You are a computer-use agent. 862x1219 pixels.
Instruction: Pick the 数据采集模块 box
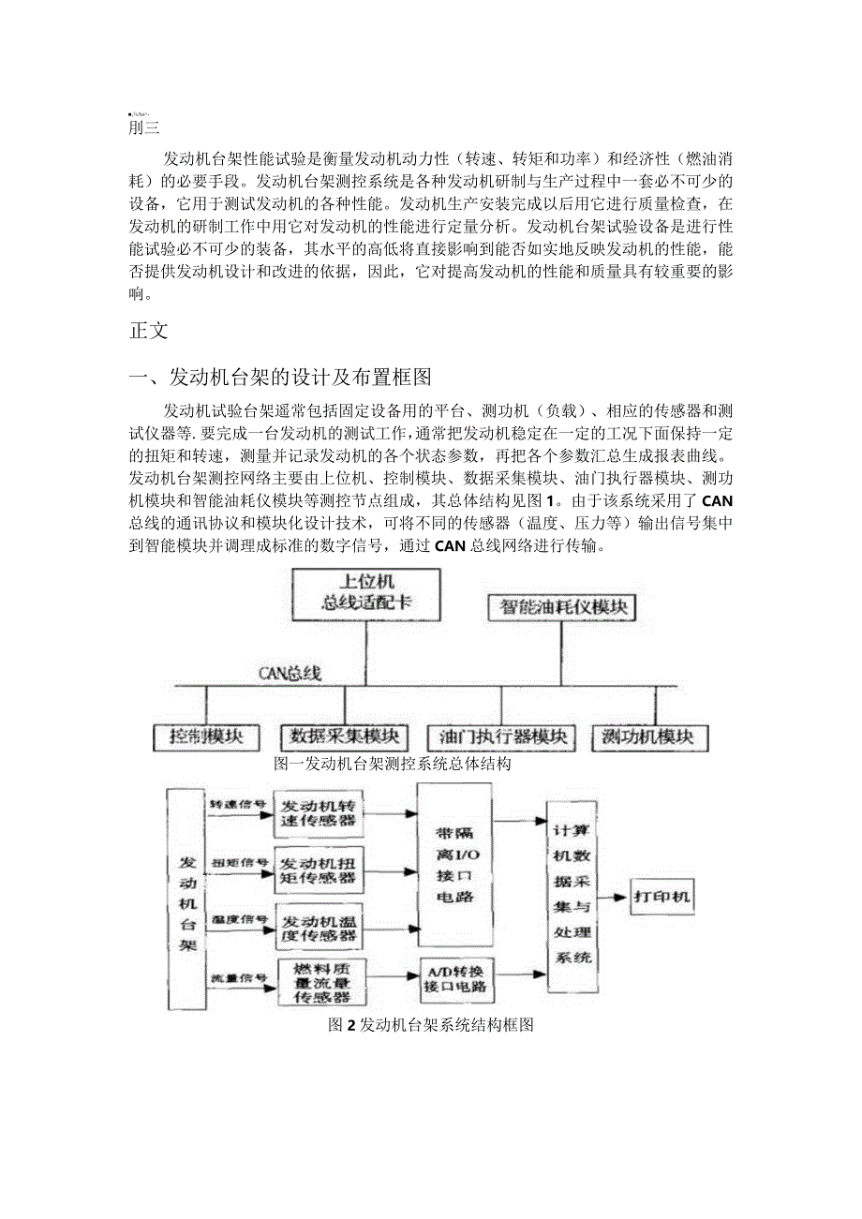pos(344,737)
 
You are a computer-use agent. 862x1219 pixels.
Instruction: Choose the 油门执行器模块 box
pos(499,737)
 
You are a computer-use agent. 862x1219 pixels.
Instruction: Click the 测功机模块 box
pos(650,737)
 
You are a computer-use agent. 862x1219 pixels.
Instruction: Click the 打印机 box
pos(661,897)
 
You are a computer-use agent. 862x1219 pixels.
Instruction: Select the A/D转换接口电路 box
pos(455,979)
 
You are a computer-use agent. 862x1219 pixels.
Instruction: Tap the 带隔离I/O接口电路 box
pos(454,864)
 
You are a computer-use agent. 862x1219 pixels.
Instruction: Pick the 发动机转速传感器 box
pos(319,812)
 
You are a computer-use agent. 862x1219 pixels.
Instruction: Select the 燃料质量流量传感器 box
pos(319,981)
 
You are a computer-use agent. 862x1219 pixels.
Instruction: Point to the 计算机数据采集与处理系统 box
pos(572,895)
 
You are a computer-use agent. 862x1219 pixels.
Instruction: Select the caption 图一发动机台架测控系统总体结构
pos(392,764)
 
